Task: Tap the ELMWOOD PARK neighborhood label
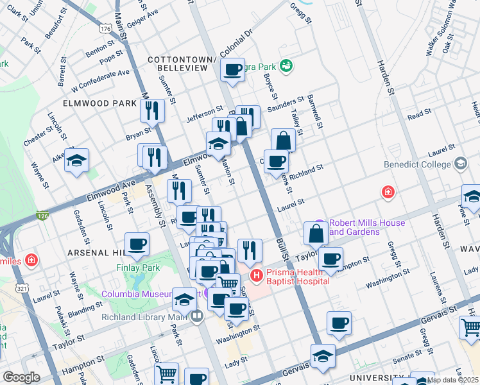click(99, 103)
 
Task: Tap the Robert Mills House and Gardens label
click(366, 227)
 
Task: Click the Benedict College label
click(418, 164)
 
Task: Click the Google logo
click(21, 377)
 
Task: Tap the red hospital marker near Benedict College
click(388, 192)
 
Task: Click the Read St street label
click(419, 114)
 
